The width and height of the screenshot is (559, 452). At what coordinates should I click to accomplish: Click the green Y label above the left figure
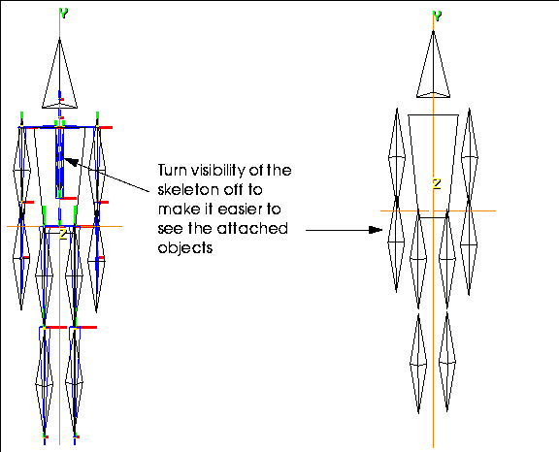pos(63,14)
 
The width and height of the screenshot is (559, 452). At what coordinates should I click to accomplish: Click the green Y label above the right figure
pos(437,16)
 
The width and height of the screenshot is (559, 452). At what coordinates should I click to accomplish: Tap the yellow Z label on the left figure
pos(63,235)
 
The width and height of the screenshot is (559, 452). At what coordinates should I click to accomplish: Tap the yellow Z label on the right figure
pos(437,183)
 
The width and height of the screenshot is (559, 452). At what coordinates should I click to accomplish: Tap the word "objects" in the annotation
pos(185,248)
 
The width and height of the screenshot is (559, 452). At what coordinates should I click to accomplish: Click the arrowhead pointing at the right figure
pos(376,230)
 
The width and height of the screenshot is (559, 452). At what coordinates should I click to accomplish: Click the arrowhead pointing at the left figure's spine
pos(71,162)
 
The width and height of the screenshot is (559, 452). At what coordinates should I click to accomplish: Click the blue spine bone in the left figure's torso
pos(59,162)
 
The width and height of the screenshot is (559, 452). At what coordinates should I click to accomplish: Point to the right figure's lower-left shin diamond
pos(418,364)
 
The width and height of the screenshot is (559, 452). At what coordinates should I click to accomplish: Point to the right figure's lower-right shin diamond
pos(447,362)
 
